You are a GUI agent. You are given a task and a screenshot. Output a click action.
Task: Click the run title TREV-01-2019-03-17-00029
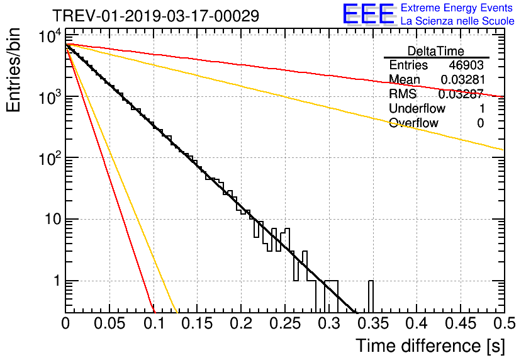155,16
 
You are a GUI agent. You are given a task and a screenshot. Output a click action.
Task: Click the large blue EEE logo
369,14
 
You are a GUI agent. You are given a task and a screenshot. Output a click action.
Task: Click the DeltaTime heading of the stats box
436,51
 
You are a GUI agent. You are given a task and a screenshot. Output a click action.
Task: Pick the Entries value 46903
466,65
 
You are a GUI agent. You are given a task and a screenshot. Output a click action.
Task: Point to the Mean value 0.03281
462,80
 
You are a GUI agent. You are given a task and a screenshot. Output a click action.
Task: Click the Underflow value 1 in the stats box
481,109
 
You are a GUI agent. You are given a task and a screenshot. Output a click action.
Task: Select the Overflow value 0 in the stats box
480,123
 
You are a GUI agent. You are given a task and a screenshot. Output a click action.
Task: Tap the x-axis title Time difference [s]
429,346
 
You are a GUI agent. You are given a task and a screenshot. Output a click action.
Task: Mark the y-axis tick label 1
55,281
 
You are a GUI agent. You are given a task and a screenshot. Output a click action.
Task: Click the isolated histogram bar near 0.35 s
371,296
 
